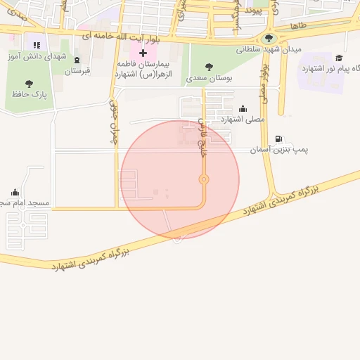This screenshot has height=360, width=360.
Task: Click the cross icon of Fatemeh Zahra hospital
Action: pyautogui.click(x=143, y=53)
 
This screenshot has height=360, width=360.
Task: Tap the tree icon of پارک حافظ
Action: pyautogui.click(x=29, y=84)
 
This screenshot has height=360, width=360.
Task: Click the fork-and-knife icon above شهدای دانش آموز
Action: pyautogui.click(x=37, y=46)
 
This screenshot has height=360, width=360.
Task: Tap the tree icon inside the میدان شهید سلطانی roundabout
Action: pyautogui.click(x=269, y=39)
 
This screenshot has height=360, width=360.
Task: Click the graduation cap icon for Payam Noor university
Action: pyautogui.click(x=340, y=58)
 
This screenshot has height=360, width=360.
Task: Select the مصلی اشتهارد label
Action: pyautogui.click(x=243, y=120)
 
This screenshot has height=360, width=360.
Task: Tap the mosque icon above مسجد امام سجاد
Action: pyautogui.click(x=15, y=192)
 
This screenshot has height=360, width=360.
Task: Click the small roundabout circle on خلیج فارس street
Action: pyautogui.click(x=204, y=179)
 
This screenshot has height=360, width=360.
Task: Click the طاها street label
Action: pyautogui.click(x=299, y=25)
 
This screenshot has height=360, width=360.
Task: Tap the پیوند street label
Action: pyautogui.click(x=257, y=11)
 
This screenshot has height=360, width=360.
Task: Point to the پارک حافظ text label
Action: pyautogui.click(x=29, y=95)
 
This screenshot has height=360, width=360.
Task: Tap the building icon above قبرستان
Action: pyautogui.click(x=77, y=60)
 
